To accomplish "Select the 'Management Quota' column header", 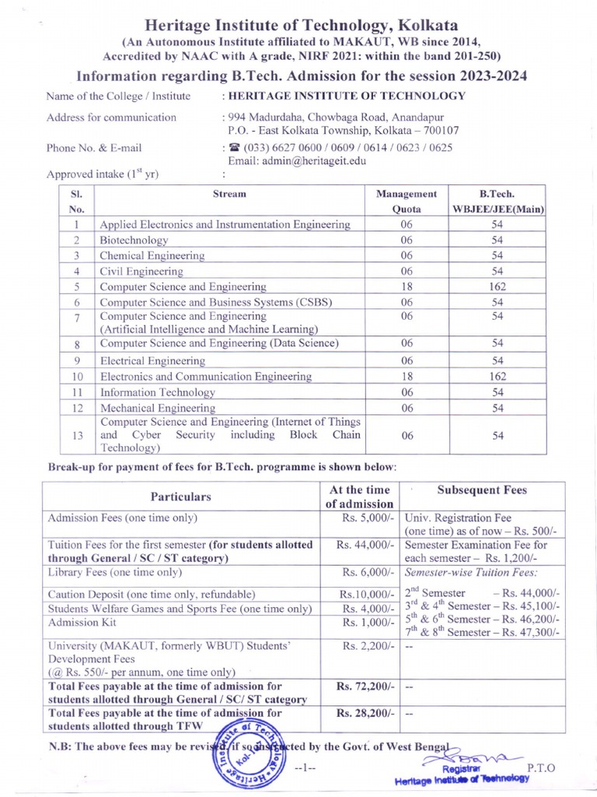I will click(x=406, y=201).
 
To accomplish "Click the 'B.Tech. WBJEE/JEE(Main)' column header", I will click(x=497, y=201).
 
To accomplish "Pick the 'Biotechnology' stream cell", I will click(x=134, y=241).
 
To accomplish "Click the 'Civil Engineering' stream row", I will click(x=141, y=272).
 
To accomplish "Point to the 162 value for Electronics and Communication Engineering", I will click(x=497, y=377).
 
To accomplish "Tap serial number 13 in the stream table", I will click(x=77, y=436).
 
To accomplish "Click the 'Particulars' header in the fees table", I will click(x=180, y=496).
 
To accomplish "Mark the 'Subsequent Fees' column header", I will click(x=482, y=490).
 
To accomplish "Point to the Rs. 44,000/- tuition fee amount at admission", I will click(x=366, y=545).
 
